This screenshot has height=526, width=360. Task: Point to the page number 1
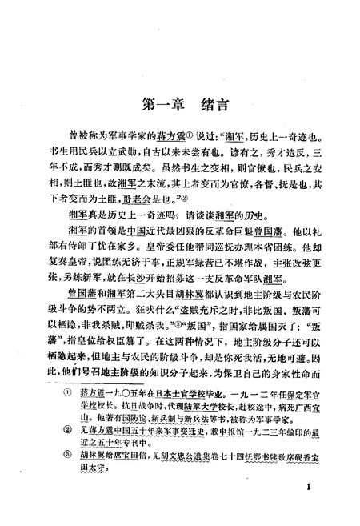tap(307, 485)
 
